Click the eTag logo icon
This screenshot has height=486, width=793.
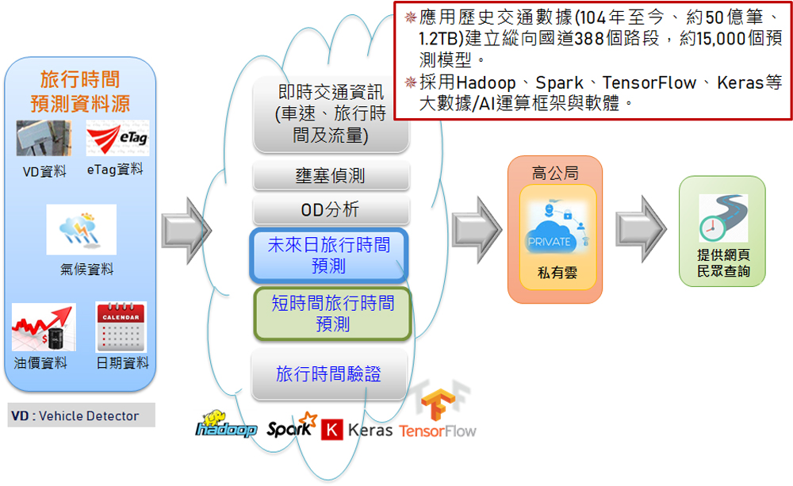coord(117,138)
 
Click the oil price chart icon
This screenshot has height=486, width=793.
coord(44,327)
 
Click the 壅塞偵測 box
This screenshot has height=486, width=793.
coord(331,176)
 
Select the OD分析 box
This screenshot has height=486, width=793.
coord(331,210)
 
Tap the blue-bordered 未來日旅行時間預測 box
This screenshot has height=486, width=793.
coord(329,255)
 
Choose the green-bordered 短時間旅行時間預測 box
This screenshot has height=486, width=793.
coord(332,314)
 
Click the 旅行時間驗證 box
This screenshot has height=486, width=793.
coord(329,374)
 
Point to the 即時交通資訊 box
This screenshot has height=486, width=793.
coord(331,114)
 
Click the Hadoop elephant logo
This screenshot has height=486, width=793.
coord(226,427)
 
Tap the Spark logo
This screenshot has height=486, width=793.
coord(291,427)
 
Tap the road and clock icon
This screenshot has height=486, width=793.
coord(723,218)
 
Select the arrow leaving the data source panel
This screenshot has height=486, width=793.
coord(186,229)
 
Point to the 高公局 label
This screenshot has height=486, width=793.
coord(554,172)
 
